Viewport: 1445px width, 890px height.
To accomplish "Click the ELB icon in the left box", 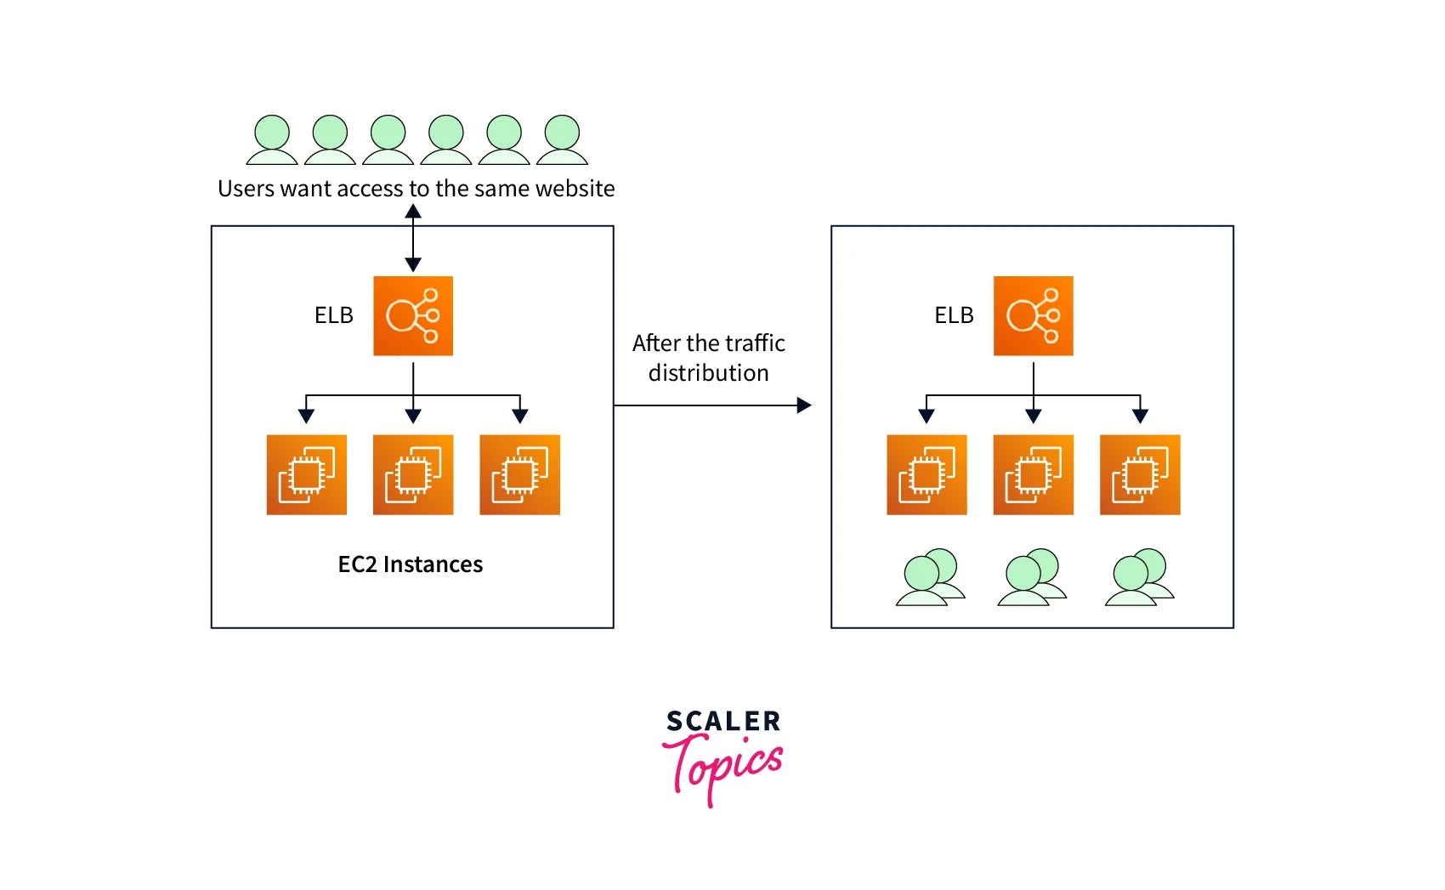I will (x=413, y=315).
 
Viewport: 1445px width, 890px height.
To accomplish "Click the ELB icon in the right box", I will (x=1033, y=315).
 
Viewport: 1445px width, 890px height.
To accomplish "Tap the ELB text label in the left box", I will (x=333, y=315).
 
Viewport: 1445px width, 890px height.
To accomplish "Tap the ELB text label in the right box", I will (x=954, y=315).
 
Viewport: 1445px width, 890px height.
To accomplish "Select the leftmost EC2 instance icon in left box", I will (x=306, y=474).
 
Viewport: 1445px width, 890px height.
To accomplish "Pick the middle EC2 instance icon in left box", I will (x=413, y=474).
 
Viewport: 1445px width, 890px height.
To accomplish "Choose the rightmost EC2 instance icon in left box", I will (x=519, y=474).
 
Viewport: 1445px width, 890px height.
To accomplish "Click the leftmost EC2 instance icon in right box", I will (x=926, y=474).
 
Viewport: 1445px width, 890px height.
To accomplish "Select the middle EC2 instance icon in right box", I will (x=1033, y=474).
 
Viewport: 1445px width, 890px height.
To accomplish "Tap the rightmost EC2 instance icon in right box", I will (x=1140, y=474).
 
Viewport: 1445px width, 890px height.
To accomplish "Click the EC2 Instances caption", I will (x=411, y=564).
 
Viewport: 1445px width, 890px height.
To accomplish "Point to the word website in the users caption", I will (x=575, y=188).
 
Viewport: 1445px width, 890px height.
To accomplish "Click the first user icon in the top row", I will (x=272, y=140).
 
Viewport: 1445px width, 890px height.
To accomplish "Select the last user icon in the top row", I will (x=562, y=140).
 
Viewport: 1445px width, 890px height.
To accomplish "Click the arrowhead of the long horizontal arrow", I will (x=803, y=405).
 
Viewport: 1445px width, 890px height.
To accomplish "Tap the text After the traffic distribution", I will (x=708, y=358).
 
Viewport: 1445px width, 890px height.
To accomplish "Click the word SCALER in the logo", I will (x=722, y=722).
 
